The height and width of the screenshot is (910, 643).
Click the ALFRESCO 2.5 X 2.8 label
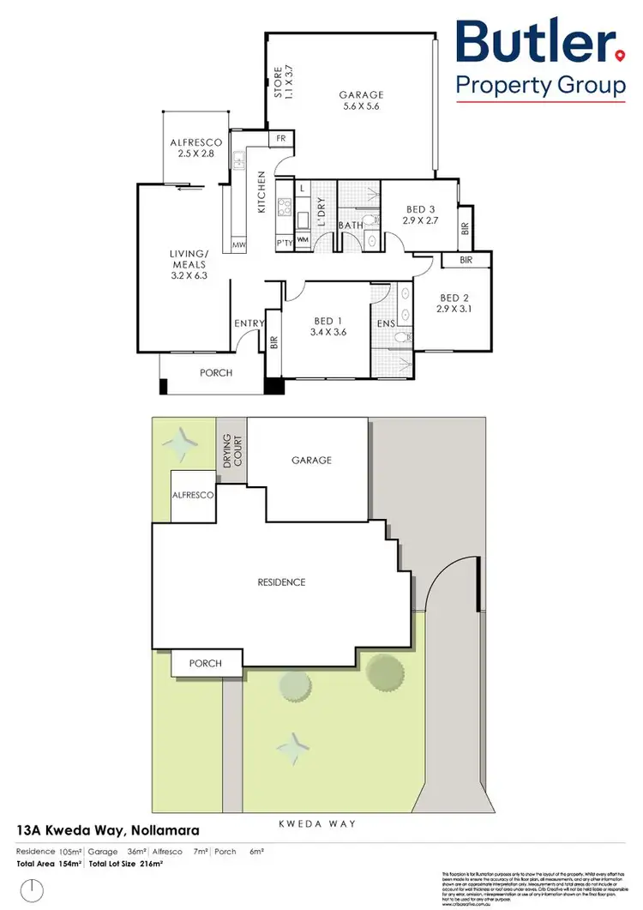[x=196, y=148]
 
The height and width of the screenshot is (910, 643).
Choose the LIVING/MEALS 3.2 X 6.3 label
[x=189, y=265]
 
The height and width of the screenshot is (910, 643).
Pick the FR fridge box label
[x=280, y=139]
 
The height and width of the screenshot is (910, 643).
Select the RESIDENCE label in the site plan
[x=282, y=582]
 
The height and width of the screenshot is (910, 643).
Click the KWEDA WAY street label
[x=317, y=823]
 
